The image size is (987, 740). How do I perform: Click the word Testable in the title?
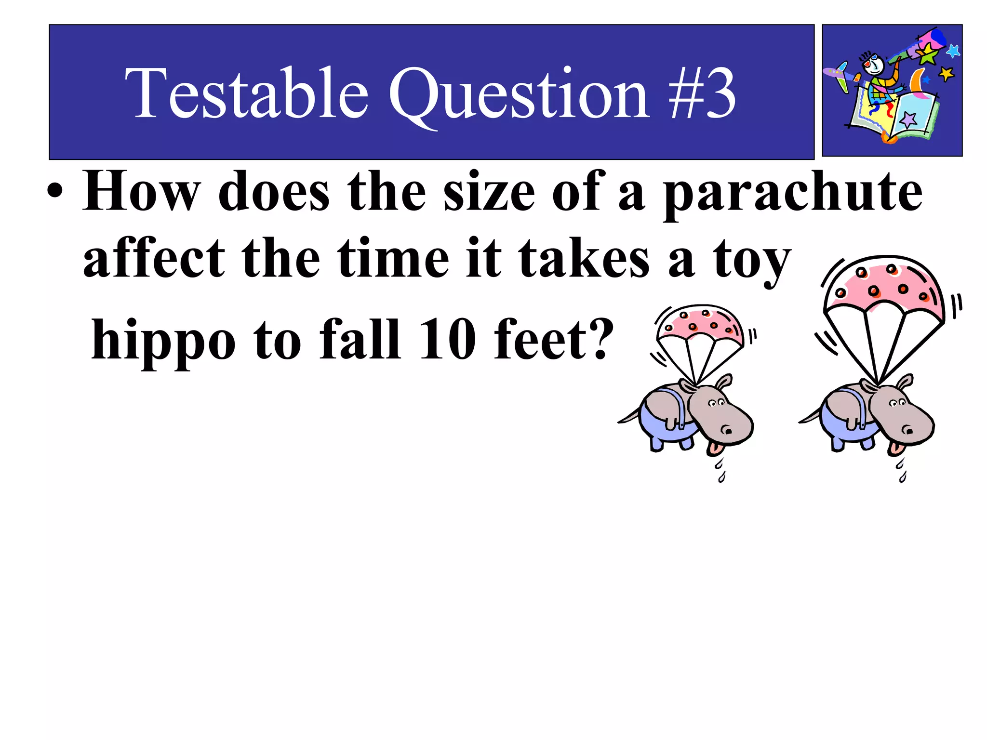point(246,92)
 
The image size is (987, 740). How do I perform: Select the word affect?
point(154,258)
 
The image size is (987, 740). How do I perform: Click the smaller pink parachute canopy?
point(700,323)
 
